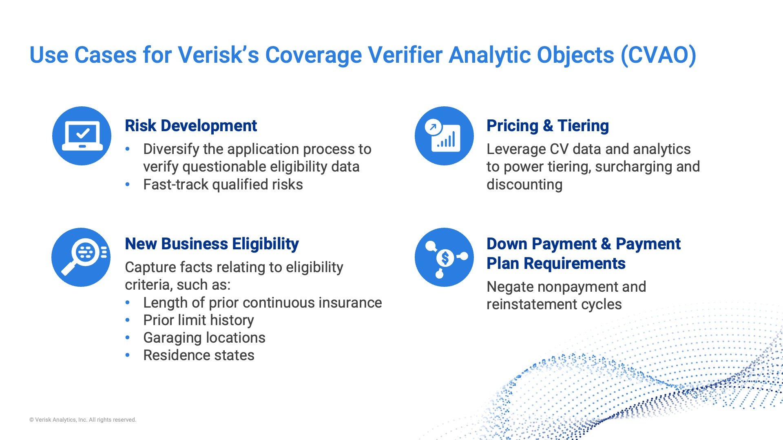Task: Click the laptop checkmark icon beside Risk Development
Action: tap(82, 136)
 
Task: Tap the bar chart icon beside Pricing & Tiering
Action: tap(444, 136)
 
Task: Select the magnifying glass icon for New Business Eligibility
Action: tap(81, 257)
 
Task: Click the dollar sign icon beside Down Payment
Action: tap(445, 257)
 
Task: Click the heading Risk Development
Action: tap(190, 125)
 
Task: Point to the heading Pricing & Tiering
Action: tap(547, 125)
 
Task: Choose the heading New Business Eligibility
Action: tap(212, 244)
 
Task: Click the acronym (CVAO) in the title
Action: tap(658, 55)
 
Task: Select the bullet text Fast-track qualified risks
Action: tap(223, 185)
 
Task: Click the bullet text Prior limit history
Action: tap(198, 320)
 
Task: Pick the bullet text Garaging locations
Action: tap(204, 338)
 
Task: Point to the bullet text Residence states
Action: tap(199, 355)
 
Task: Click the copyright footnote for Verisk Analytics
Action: tap(83, 420)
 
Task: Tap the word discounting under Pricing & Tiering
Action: tap(524, 185)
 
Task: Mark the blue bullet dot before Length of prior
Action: tap(128, 303)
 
